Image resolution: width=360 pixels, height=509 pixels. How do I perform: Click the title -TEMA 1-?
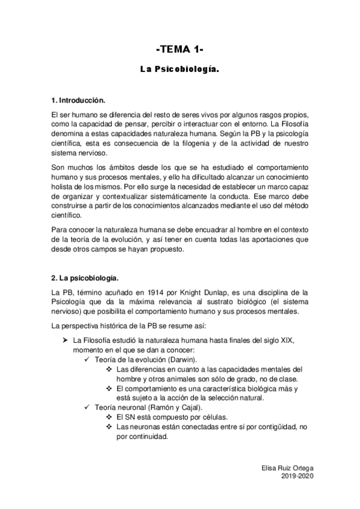tap(180, 49)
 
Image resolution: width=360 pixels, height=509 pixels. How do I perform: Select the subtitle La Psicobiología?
tap(180, 70)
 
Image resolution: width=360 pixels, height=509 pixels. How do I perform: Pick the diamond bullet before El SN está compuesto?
tap(109, 417)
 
